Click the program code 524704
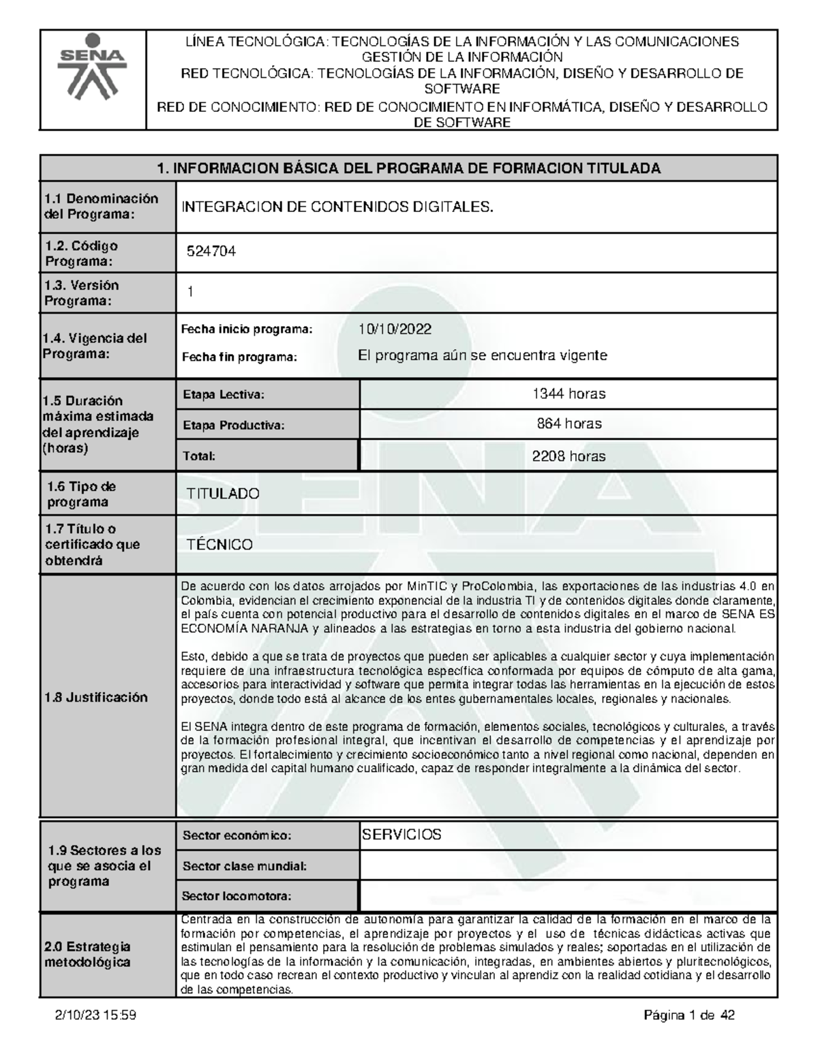click(212, 252)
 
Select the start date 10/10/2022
click(395, 329)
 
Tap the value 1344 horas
click(569, 393)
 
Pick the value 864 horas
click(569, 423)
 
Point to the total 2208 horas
click(569, 456)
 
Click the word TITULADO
click(223, 494)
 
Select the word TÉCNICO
click(219, 545)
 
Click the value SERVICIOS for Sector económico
click(402, 835)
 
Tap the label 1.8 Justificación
click(96, 697)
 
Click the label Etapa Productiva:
click(232, 426)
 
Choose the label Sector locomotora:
click(237, 896)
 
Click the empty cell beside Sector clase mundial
click(568, 866)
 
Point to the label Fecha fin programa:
click(239, 357)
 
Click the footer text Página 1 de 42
click(689, 1016)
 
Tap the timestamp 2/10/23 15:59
click(96, 1016)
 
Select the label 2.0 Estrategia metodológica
click(88, 955)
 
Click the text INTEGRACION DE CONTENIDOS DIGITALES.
click(336, 207)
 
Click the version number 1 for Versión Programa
click(191, 292)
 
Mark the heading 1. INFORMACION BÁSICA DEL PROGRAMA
click(408, 168)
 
